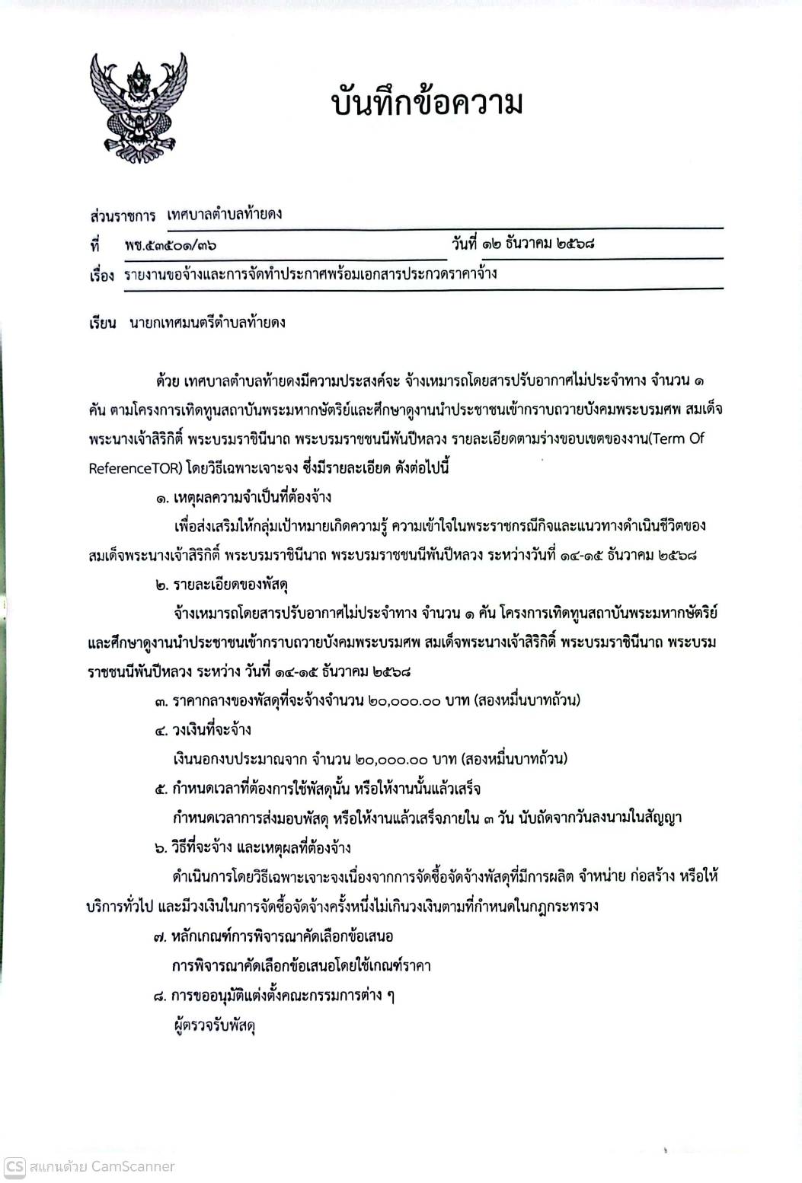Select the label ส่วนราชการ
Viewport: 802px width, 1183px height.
pos(122,215)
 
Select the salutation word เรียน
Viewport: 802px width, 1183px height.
pos(102,323)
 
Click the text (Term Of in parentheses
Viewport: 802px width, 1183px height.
pos(672,439)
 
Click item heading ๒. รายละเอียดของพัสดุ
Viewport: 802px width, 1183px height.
pos(220,585)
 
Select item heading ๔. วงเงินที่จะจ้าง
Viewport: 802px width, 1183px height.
pos(203,730)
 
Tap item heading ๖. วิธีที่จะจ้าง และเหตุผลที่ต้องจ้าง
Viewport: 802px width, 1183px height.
pos(252,848)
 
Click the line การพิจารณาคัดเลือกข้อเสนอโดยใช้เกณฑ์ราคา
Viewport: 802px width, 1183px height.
pos(302,966)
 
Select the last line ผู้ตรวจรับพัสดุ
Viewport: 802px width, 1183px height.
pos(214,1026)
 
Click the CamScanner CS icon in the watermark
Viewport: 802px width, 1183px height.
pos(14,1166)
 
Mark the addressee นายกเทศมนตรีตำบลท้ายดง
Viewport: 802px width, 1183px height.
pos(208,323)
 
